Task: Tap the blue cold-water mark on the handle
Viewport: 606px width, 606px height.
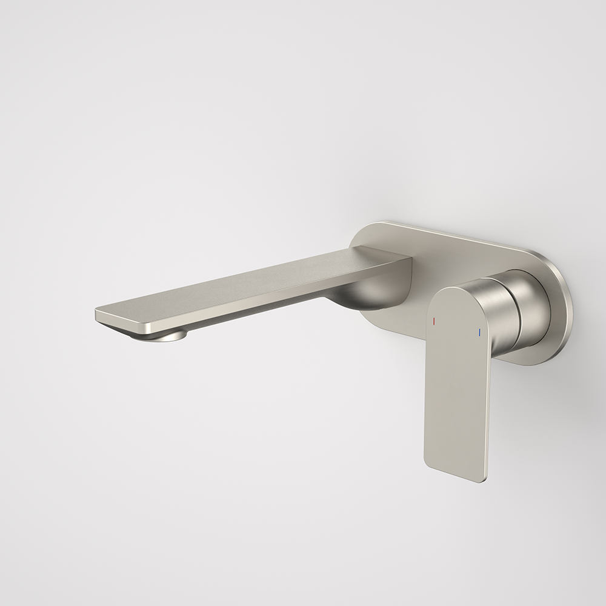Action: [x=479, y=332]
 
